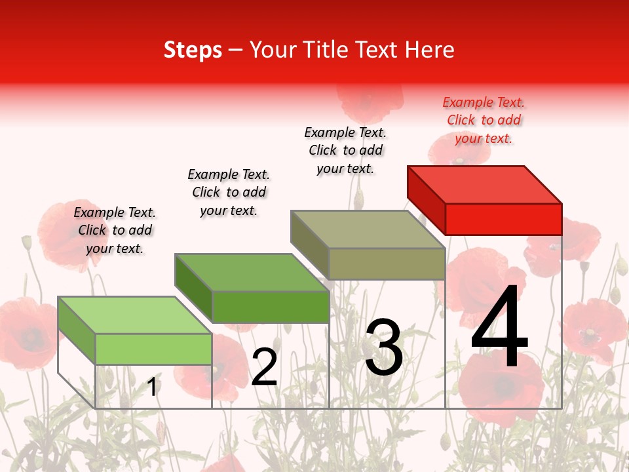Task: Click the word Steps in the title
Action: (193, 50)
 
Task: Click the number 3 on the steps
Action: (384, 347)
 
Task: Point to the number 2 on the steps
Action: (264, 367)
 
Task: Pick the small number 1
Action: (152, 387)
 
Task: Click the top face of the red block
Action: (485, 184)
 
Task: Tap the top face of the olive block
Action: (368, 229)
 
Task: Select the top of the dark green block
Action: (252, 272)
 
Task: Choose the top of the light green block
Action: (135, 315)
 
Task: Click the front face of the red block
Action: (503, 219)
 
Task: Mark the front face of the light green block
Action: (153, 349)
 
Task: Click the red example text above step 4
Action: (484, 120)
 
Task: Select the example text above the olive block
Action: (345, 150)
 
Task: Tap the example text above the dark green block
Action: (229, 192)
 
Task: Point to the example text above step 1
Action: (115, 230)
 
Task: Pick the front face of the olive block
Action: (387, 264)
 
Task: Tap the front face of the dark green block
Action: (270, 306)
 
